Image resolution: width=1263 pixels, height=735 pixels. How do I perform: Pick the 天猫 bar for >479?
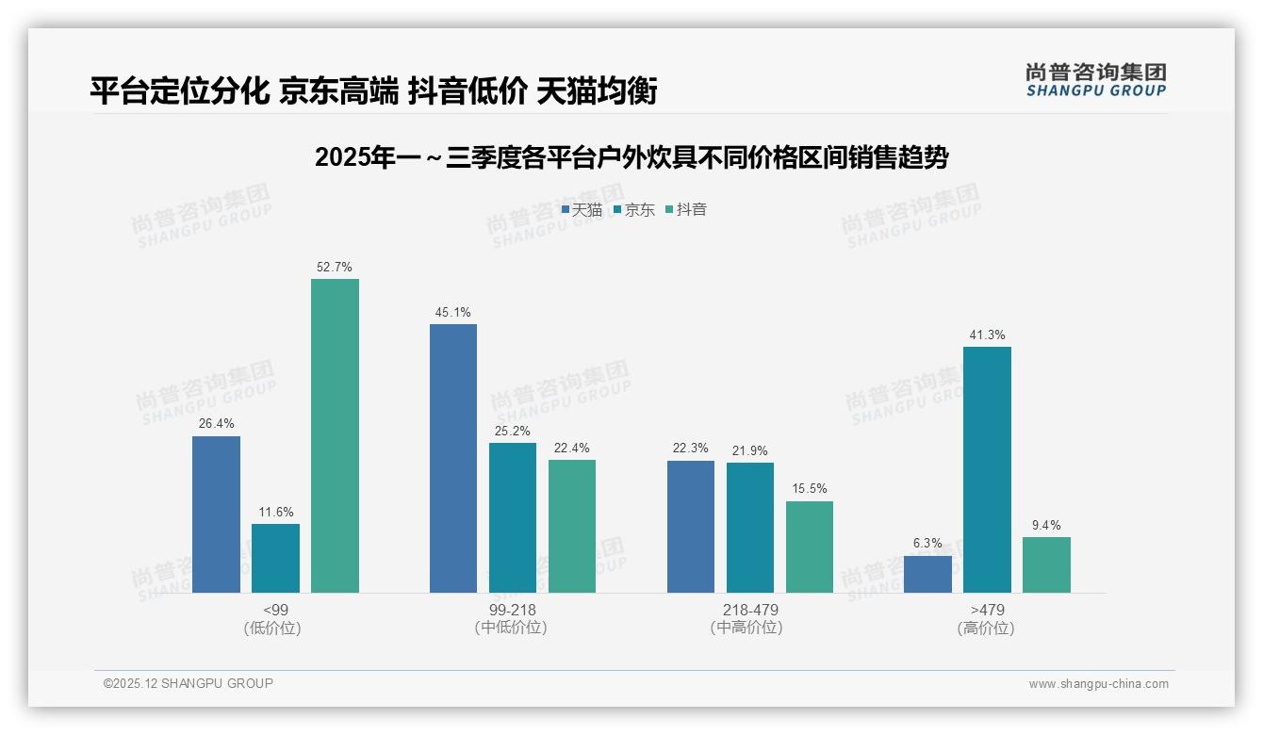point(927,574)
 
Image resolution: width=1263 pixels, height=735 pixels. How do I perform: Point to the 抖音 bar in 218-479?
point(810,547)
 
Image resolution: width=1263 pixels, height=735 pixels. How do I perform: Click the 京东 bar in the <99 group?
point(275,558)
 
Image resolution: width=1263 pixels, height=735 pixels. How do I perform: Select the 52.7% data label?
point(335,267)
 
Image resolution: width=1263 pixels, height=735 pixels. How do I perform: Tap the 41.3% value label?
point(987,335)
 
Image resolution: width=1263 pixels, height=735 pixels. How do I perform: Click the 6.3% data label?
point(927,543)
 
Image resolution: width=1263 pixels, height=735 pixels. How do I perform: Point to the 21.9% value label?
point(750,450)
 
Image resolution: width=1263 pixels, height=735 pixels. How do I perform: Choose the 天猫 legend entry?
point(582,209)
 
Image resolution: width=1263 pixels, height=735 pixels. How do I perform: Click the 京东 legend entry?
point(633,209)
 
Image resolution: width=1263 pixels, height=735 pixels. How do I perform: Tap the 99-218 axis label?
point(513,610)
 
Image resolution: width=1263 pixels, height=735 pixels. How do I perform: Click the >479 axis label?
point(987,610)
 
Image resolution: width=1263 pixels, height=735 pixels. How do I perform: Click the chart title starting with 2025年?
point(631,157)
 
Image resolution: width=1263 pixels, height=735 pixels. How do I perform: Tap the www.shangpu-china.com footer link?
point(1098,684)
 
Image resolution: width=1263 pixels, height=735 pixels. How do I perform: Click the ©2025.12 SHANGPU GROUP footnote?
point(189,683)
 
